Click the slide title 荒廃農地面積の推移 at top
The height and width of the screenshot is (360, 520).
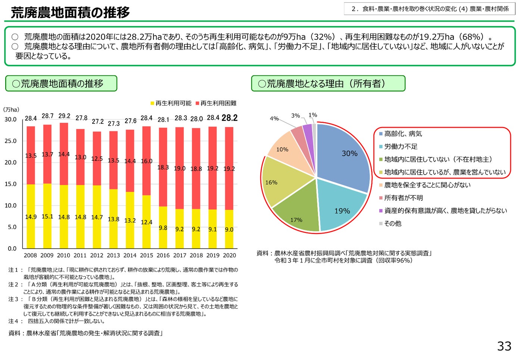(70, 13)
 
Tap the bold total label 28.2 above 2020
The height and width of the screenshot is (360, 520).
(229, 118)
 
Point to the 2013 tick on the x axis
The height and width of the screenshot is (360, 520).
(113, 256)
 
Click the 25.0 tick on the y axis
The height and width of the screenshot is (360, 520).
(10, 141)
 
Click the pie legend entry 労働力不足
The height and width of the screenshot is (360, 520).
(401, 147)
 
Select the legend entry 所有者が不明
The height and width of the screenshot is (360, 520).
(404, 198)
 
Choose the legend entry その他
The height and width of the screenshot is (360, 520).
(393, 223)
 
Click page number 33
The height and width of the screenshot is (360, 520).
(504, 346)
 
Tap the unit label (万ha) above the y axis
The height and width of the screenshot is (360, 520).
(11, 110)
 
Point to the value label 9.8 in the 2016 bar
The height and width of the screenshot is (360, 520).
(163, 228)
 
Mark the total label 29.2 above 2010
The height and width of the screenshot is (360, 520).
(64, 116)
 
